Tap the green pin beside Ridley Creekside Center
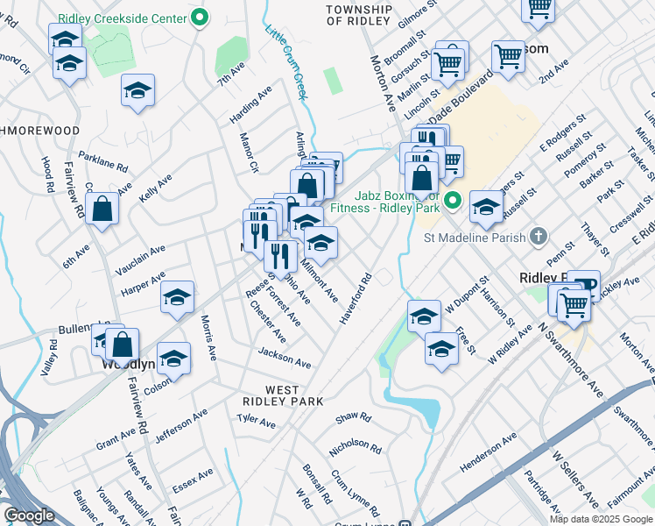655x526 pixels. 200,18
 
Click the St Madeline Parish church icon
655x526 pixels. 538,237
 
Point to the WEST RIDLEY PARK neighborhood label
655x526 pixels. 283,395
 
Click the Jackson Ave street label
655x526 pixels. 285,358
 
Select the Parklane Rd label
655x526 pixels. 103,162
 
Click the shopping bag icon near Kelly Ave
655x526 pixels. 102,210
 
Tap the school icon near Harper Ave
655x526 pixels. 177,298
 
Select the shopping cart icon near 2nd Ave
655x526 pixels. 508,56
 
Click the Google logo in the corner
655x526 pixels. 29,515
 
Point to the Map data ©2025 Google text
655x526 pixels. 600,519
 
